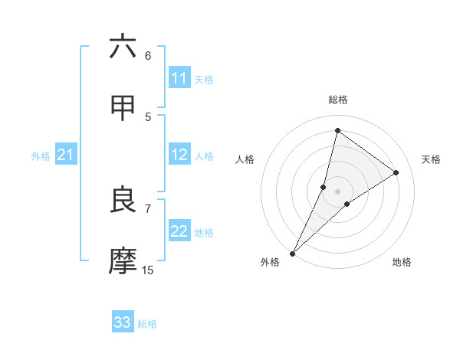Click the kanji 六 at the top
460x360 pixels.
123,47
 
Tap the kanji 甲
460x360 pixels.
123,108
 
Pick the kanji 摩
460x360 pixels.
123,261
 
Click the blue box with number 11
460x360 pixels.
179,78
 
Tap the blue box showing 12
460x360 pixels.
179,155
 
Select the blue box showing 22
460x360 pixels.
179,231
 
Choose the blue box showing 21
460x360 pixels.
66,155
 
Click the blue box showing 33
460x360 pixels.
123,322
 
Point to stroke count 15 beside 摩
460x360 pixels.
148,270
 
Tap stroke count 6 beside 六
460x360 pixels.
148,55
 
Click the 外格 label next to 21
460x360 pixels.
41,156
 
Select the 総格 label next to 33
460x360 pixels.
147,324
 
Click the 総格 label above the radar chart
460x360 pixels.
338,100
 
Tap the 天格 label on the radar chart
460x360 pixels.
431,159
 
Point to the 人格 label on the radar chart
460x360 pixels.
245,159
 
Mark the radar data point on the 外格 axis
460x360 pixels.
293,253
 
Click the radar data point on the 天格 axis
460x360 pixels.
396,172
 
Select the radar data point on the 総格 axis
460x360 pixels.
337,130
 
